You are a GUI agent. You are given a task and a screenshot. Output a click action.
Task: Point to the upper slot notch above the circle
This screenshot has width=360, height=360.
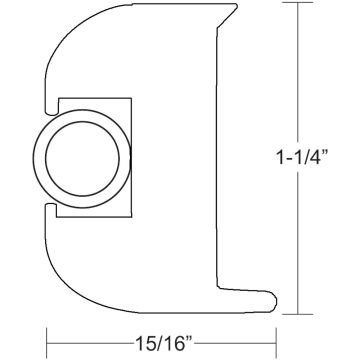coord(48,100)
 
